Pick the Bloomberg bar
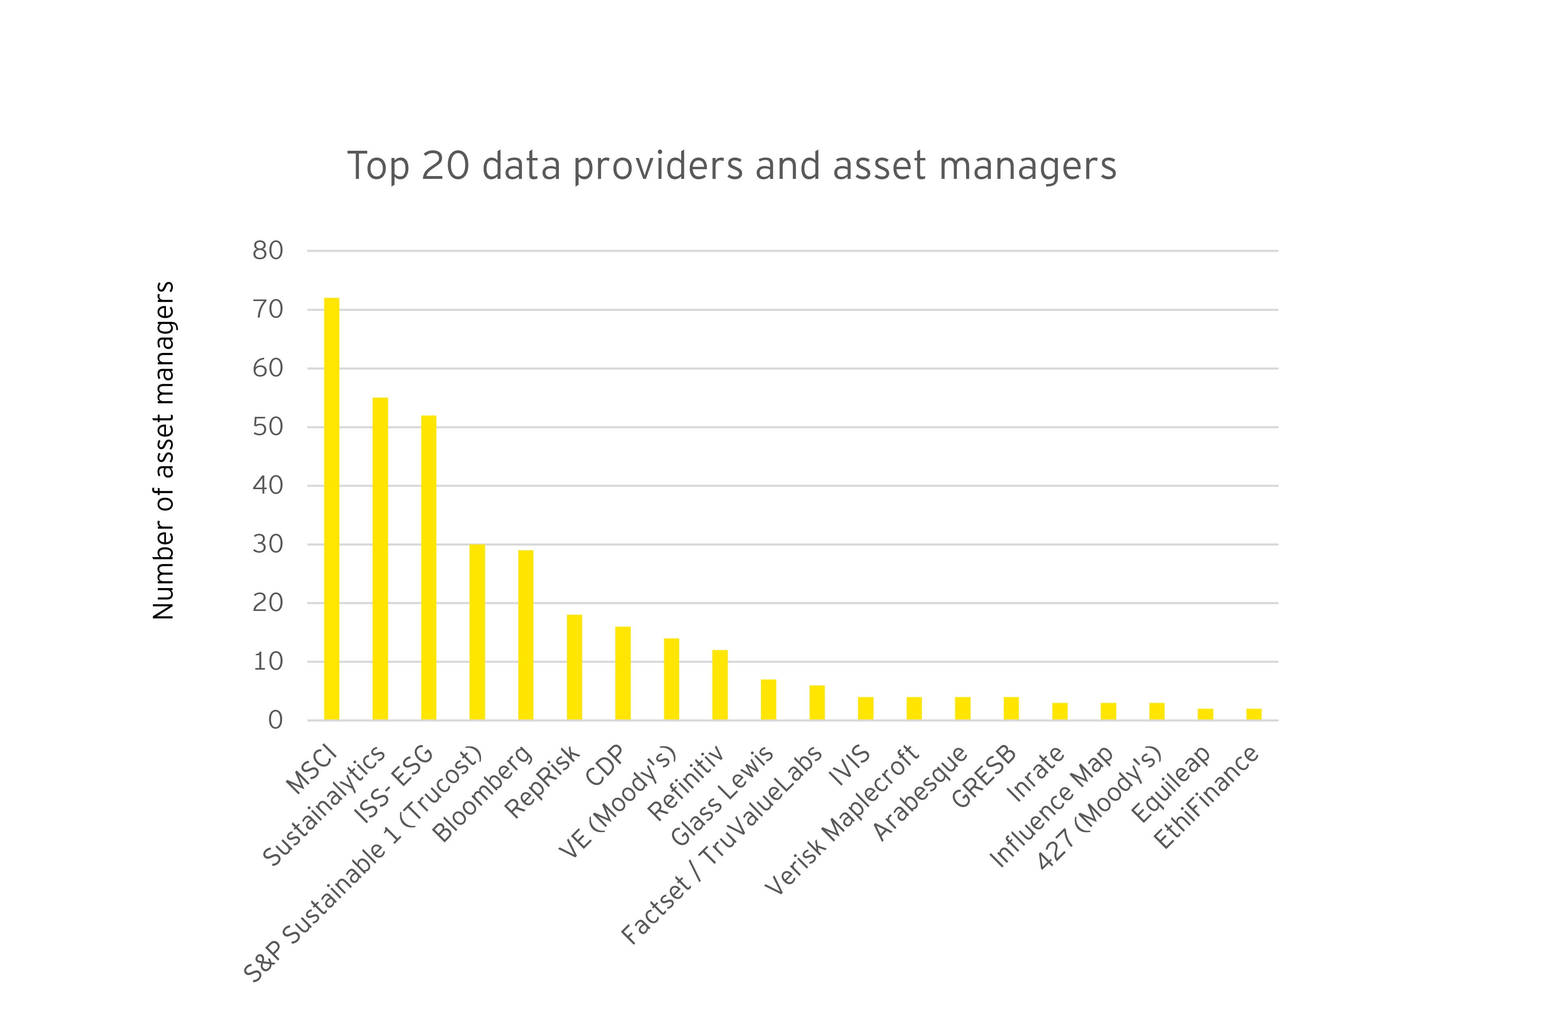click(x=526, y=635)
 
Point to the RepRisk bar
click(x=574, y=667)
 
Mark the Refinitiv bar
click(x=720, y=685)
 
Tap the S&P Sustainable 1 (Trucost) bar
click(x=477, y=632)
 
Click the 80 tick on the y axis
click(x=268, y=251)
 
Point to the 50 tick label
click(x=268, y=427)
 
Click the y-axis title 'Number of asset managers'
click(x=164, y=450)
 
